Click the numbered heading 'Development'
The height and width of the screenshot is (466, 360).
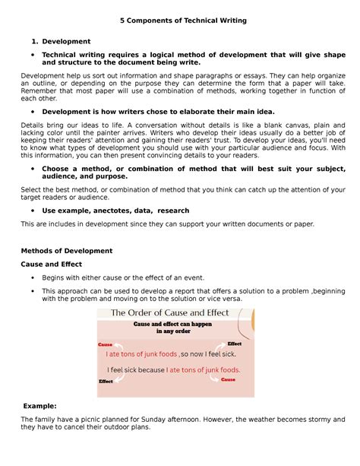pyautogui.click(x=66, y=41)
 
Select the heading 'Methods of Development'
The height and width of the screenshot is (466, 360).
pyautogui.click(x=67, y=250)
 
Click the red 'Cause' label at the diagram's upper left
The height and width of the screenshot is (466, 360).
pyautogui.click(x=106, y=344)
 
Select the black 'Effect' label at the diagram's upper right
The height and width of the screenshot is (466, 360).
pyautogui.click(x=235, y=344)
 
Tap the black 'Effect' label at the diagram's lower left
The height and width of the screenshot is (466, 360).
pyautogui.click(x=106, y=381)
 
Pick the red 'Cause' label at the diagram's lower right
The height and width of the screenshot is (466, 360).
pyautogui.click(x=228, y=379)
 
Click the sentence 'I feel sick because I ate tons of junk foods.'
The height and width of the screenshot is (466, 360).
pyautogui.click(x=173, y=370)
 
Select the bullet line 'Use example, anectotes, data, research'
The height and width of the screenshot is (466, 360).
pyautogui.click(x=115, y=210)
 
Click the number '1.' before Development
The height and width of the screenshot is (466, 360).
pyautogui.click(x=33, y=41)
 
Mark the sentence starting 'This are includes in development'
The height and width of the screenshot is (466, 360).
pyautogui.click(x=167, y=224)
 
